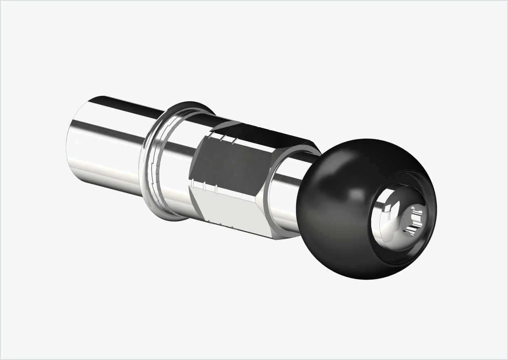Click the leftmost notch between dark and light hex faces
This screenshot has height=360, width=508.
pyautogui.click(x=192, y=182)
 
